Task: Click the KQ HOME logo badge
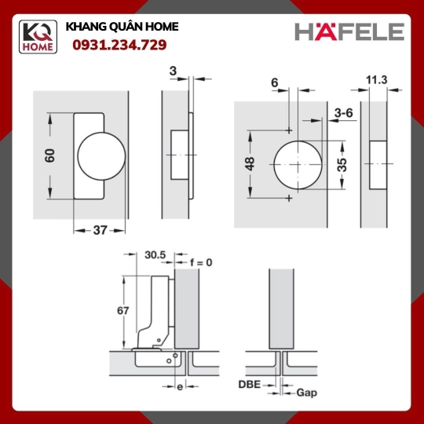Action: click(38, 37)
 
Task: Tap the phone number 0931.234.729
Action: click(119, 45)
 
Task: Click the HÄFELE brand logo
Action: click(349, 31)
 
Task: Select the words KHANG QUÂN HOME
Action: click(122, 27)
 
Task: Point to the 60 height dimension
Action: click(49, 155)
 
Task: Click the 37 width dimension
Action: click(100, 230)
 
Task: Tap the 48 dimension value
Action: click(250, 164)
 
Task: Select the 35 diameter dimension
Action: click(342, 165)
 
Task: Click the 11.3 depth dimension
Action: click(376, 80)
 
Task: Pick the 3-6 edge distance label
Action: click(343, 113)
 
